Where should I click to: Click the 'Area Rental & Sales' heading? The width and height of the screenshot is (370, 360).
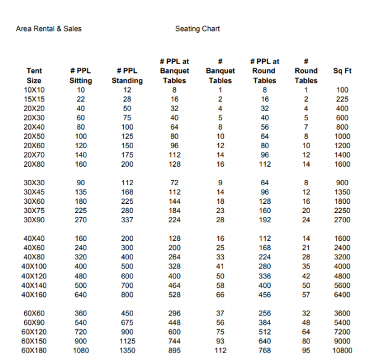tap(49, 28)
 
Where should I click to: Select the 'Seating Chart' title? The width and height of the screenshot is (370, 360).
tap(197, 28)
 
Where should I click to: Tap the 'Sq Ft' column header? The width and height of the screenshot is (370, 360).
tap(342, 71)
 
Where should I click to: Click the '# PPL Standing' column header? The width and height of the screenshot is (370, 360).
tap(127, 76)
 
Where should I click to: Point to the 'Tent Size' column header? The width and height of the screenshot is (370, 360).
tap(35, 76)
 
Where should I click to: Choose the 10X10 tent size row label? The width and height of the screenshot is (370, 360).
tap(35, 90)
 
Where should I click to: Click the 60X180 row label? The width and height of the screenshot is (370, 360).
tap(35, 351)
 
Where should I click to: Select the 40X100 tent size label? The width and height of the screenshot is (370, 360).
tap(35, 266)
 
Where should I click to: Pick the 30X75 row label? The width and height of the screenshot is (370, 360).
tap(35, 211)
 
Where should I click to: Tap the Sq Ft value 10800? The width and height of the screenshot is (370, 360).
tap(342, 351)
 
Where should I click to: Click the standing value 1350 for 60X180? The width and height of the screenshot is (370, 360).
tap(127, 351)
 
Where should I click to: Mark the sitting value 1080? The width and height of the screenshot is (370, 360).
tap(81, 351)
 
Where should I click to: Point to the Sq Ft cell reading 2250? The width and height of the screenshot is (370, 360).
tap(342, 211)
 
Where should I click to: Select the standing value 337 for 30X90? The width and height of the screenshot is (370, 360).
tap(127, 220)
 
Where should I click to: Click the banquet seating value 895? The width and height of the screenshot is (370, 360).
tap(175, 351)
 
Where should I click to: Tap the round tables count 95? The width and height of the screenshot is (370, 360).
tap(306, 351)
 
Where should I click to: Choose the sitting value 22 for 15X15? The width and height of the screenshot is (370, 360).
tap(81, 99)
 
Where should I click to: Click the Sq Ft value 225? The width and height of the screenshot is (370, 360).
tap(342, 99)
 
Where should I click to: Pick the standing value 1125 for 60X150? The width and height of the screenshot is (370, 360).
tap(127, 341)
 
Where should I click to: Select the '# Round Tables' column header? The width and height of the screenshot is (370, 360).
tap(306, 71)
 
